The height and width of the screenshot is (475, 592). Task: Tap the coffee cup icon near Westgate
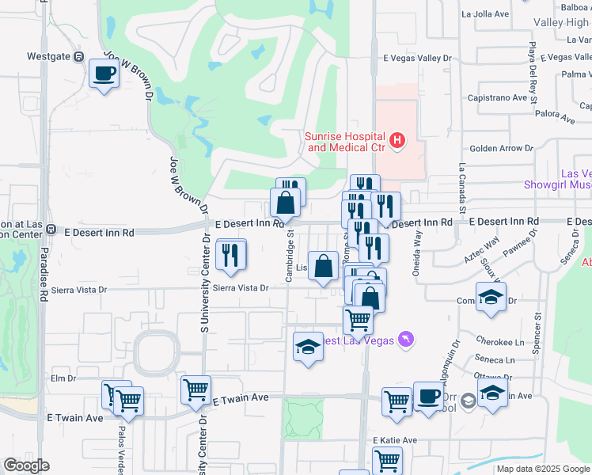104,74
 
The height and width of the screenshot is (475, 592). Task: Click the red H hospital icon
397,142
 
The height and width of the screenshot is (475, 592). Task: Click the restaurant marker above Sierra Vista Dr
230,255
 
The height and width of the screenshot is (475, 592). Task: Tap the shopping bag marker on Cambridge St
286,203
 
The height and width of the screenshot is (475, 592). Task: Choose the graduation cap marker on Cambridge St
308,347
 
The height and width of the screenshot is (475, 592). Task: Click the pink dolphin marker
406,339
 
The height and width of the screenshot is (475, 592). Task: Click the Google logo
26,465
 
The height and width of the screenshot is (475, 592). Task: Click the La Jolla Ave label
488,14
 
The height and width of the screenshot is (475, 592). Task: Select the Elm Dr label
63,378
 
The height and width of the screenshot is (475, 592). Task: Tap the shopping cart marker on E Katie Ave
387,460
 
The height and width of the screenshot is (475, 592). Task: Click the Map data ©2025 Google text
541,469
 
